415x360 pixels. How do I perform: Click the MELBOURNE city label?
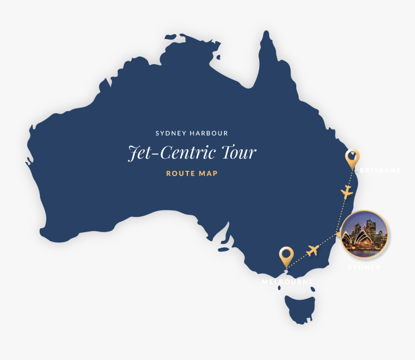(288, 281)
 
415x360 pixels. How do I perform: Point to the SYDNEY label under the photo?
(364, 267)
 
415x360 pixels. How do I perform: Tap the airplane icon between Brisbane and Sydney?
(346, 192)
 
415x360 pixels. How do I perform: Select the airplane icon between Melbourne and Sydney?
(313, 250)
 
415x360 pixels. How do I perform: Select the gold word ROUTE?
(178, 173)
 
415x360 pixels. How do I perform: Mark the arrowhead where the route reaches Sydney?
(339, 234)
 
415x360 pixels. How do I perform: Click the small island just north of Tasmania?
(313, 289)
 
